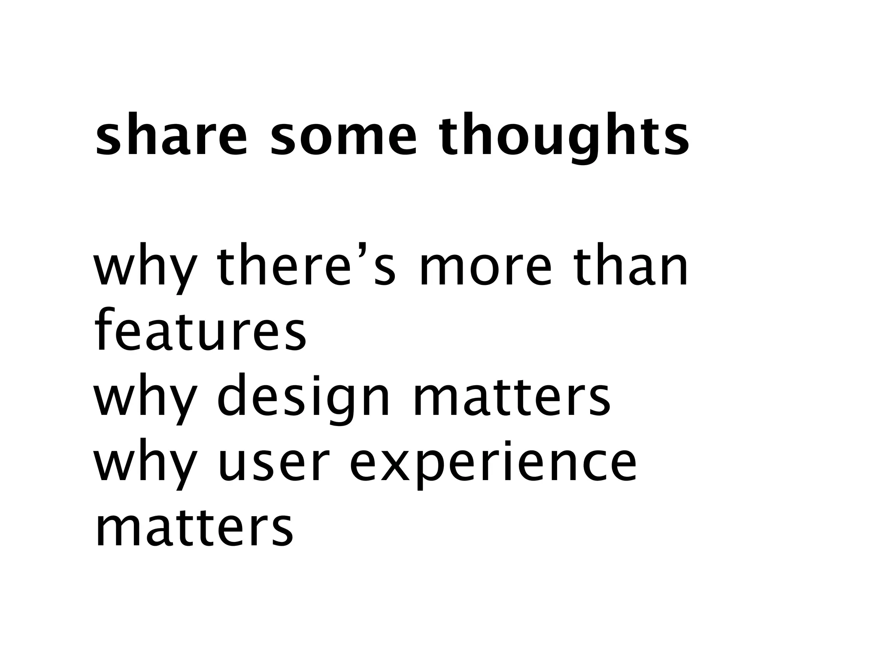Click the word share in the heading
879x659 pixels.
tap(171, 134)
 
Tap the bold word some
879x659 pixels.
tap(344, 134)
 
